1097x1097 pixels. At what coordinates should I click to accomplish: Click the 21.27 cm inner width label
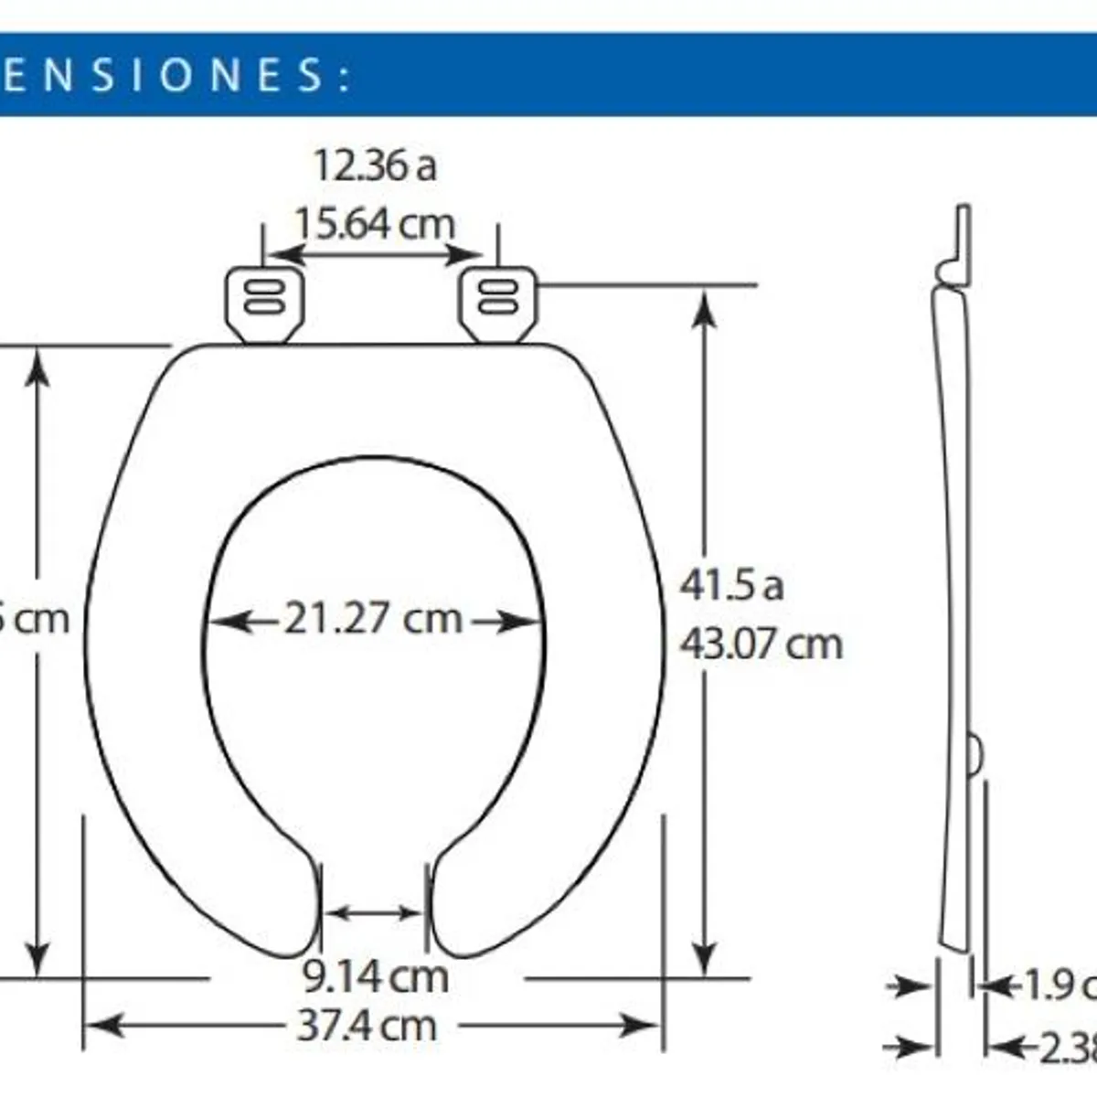click(x=373, y=619)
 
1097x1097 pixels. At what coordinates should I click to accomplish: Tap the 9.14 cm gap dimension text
click(x=376, y=976)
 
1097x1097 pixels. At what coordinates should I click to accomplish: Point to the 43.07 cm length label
click(x=761, y=644)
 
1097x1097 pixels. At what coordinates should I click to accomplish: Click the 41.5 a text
click(x=731, y=585)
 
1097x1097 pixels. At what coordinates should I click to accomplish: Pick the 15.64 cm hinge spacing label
click(x=374, y=223)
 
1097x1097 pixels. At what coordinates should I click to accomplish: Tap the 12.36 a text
click(x=375, y=165)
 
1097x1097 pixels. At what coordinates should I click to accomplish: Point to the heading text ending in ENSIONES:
click(x=174, y=75)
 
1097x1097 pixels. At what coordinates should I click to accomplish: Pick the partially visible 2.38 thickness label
click(x=1065, y=1048)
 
